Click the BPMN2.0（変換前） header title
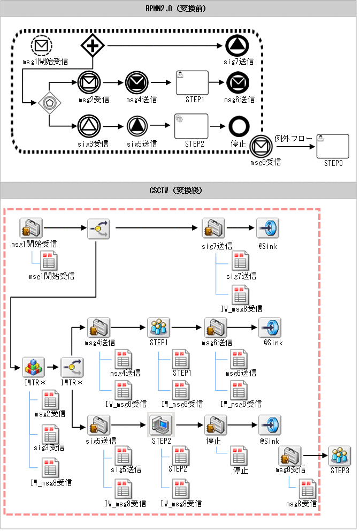point(180,9)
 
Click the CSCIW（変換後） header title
point(180,191)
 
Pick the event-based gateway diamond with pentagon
point(49,103)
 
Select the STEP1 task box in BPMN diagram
point(192,82)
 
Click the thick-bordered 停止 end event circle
point(238,126)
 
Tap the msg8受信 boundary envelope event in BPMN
point(262,145)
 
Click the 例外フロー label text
point(293,139)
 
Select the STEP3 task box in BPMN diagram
point(332,146)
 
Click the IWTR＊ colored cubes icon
point(33,367)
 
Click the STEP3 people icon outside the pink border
point(340,456)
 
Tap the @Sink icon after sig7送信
point(267,229)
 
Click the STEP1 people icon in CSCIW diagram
point(159,327)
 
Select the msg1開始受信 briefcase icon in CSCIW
point(31,229)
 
